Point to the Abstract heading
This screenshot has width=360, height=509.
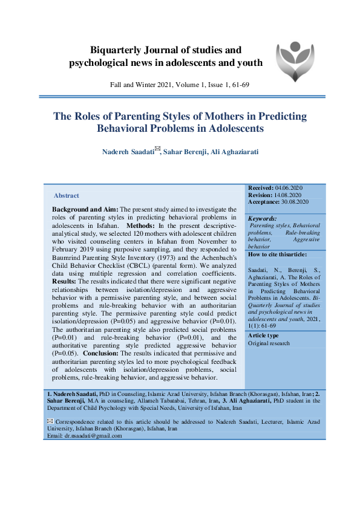tap(67, 195)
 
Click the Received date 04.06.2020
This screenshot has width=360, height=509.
tap(292, 189)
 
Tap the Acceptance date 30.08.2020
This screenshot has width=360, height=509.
tap(295, 201)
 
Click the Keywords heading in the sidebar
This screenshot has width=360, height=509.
tap(263, 218)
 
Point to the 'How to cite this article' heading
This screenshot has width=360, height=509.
tap(277, 254)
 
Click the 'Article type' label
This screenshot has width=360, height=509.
tap(263, 336)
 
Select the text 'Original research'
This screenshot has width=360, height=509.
tap(269, 343)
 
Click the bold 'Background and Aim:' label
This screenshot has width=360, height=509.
tap(82, 209)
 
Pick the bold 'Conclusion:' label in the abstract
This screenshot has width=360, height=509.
tap(103, 352)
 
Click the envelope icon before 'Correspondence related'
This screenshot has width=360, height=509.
tap(50, 421)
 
